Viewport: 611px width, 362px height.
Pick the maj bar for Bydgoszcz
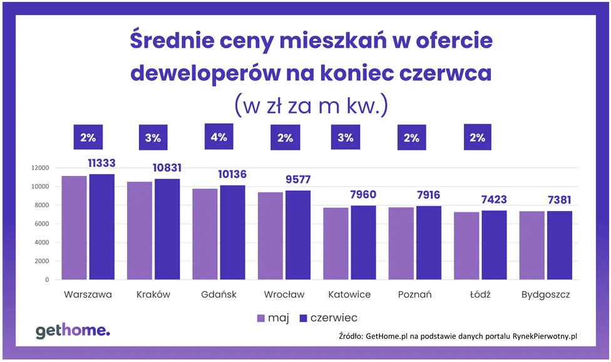tap(531, 246)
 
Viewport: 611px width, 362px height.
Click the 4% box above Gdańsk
tap(218, 137)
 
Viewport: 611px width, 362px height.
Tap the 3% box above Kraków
tap(153, 137)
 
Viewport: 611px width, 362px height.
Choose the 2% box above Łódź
tap(478, 137)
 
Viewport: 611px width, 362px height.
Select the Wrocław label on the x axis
tap(284, 294)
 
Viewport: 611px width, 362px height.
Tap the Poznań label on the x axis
tap(414, 294)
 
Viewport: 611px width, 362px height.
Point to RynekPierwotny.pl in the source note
tap(545, 336)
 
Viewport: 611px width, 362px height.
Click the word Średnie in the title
tap(168, 41)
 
